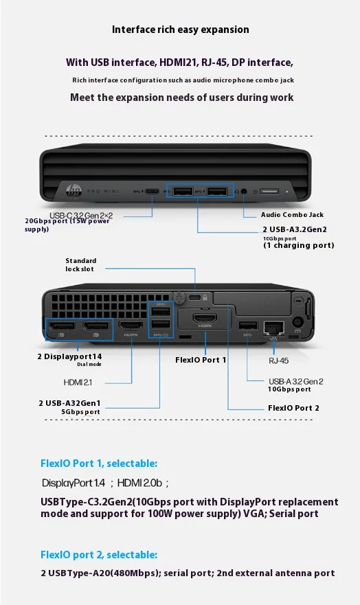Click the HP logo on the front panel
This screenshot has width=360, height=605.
pos(74,191)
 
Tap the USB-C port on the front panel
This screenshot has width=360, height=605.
pos(153,192)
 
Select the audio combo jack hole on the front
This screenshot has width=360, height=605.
pos(244,192)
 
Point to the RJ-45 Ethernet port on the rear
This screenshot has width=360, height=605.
pos(273,328)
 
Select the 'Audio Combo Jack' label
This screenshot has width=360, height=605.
pos(292,214)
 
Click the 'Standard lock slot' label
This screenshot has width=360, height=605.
pos(80,264)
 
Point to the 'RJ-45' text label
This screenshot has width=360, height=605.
pos(278,361)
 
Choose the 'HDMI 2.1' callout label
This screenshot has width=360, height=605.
pos(78,383)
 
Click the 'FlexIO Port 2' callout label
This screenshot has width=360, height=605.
pos(293,408)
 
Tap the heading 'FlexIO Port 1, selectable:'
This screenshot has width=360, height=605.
pos(99,463)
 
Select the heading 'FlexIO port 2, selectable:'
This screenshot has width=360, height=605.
pos(99,554)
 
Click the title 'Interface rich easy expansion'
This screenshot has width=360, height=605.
pos(180,30)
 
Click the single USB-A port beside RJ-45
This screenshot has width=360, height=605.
pos(248,326)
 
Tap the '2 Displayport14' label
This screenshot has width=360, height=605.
pos(69,356)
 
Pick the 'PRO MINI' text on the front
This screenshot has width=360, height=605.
pos(103,191)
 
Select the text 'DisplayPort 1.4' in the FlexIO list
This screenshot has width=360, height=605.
pos(74,483)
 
